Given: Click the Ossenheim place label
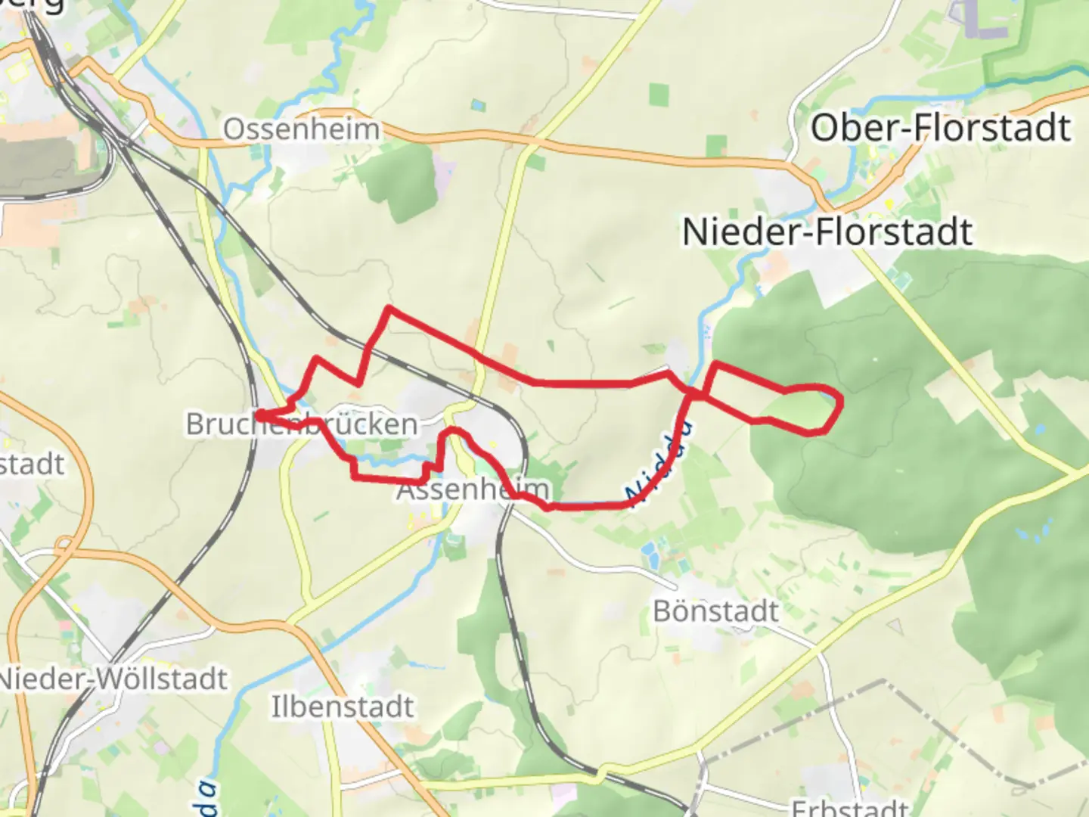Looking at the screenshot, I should [x=302, y=129].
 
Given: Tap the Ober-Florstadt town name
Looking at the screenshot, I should [x=941, y=128].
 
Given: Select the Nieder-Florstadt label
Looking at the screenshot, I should [x=827, y=231].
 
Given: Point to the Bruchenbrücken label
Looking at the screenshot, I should [x=302, y=424].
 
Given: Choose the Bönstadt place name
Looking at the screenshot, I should [x=715, y=610].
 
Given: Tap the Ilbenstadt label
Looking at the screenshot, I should [x=343, y=707].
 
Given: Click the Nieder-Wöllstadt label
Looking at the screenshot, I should [x=113, y=679].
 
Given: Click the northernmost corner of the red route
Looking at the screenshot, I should [x=389, y=308].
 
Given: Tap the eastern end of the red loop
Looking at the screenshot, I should [x=841, y=401].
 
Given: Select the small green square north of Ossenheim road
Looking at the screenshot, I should [x=659, y=95].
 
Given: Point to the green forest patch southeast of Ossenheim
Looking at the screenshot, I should [x=397, y=182].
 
